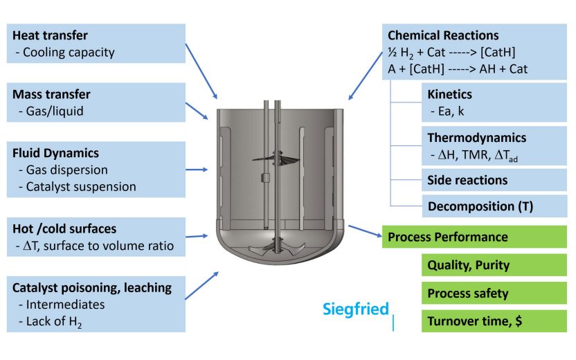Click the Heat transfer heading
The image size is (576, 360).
[x=51, y=35]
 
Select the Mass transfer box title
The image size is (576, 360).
[x=52, y=94]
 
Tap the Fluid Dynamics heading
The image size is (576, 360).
[x=55, y=153]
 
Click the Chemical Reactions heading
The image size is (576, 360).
[x=443, y=35]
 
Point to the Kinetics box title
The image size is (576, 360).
[x=450, y=94]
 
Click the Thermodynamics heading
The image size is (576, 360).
[x=476, y=138]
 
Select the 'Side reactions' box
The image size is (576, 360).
[x=467, y=180]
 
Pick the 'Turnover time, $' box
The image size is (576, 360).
[x=475, y=321]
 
